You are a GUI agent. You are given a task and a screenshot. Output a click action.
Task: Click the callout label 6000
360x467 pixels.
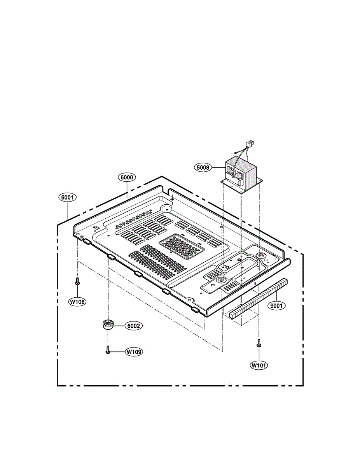pos(127,177)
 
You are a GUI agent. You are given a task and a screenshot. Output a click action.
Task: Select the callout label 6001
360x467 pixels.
pos(67,198)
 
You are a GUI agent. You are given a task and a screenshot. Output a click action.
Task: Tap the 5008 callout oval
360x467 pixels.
pos(203,167)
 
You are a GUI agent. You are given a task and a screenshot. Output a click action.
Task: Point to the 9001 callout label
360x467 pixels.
pos(276,305)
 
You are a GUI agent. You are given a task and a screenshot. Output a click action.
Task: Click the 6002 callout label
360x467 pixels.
pos(134,326)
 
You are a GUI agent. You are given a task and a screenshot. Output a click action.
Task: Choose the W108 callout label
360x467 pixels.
pos(77,302)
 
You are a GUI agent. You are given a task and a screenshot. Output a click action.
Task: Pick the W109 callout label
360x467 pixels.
pos(134,352)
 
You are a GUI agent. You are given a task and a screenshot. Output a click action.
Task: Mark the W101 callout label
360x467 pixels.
pos(259,365)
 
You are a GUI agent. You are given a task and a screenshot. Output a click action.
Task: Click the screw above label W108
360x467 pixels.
pos(77,281)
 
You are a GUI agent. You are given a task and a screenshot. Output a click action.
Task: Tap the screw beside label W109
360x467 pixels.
pos(108,349)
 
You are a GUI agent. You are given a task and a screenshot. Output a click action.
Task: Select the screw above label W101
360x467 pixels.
pos(259,343)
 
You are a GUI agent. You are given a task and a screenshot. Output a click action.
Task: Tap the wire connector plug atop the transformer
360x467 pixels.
pos(250,143)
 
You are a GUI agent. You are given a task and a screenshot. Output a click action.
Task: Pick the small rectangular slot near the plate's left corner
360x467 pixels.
pos(96,227)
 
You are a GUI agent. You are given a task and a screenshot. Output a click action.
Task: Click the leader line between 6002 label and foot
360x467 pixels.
pos(119,326)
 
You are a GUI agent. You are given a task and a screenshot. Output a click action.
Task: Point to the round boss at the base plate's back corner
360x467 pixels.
pos(166,208)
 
